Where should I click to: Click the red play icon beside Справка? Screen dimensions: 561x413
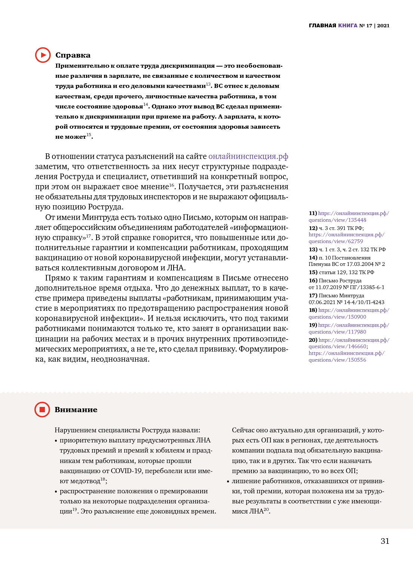(x=43, y=55)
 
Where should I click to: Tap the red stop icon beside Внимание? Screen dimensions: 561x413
(x=42, y=410)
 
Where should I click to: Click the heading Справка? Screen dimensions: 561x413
(x=73, y=55)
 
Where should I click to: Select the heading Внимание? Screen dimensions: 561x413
(x=76, y=410)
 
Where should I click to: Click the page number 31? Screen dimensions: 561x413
(x=385, y=541)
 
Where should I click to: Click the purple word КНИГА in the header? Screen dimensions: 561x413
(x=348, y=26)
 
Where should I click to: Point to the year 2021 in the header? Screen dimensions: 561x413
(x=383, y=26)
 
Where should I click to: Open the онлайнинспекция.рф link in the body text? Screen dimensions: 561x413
(x=248, y=156)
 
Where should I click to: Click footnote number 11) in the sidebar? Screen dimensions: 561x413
(x=313, y=213)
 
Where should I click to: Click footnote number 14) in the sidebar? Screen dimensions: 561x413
(x=313, y=258)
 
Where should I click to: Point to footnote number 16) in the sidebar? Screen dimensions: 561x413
(x=313, y=280)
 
